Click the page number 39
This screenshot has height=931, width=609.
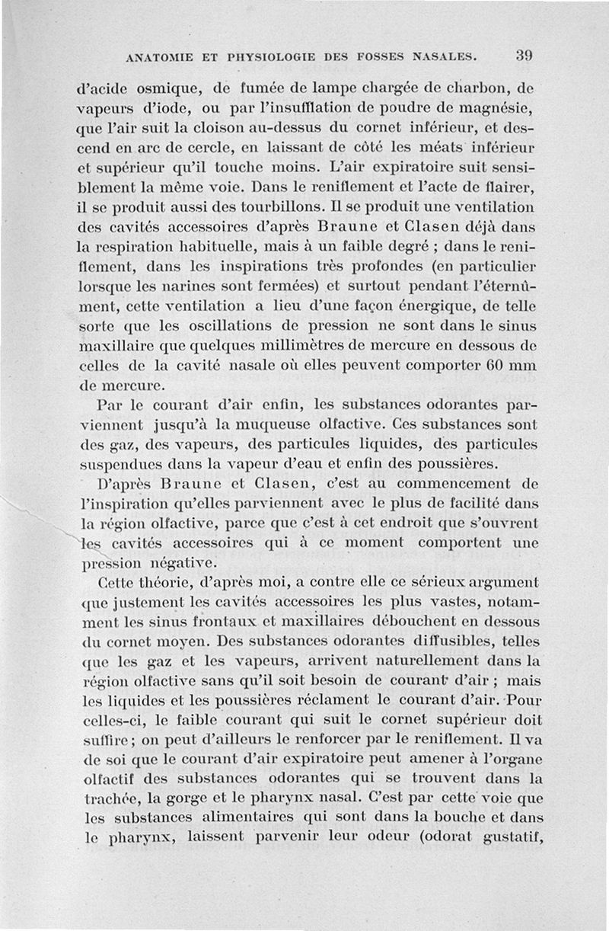coord(523,56)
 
